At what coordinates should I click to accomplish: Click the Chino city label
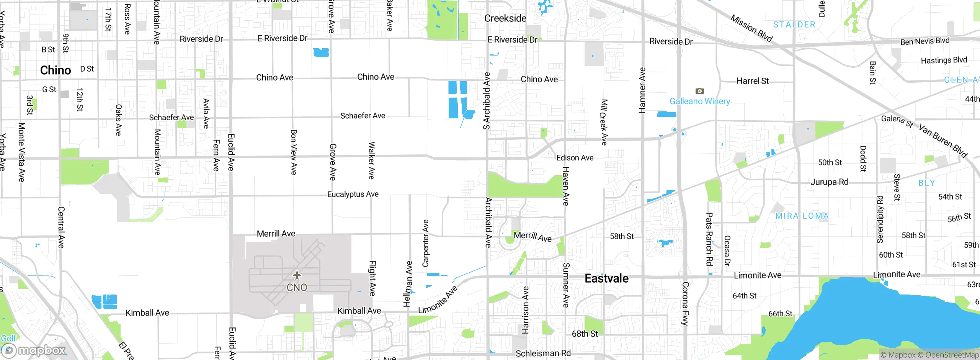(56, 70)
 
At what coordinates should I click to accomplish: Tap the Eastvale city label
(606, 278)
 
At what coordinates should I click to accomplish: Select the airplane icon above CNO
(297, 275)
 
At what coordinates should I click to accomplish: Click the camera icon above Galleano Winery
(699, 91)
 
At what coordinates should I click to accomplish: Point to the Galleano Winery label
(699, 101)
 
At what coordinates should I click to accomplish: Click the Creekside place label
(505, 18)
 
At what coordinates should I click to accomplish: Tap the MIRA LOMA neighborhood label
(802, 216)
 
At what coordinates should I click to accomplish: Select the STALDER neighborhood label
(794, 25)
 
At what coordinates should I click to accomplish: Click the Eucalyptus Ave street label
(353, 195)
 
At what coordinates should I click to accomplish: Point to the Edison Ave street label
(575, 158)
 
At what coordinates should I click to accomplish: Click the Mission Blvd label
(751, 28)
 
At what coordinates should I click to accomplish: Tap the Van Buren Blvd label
(943, 141)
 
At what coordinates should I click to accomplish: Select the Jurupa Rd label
(829, 182)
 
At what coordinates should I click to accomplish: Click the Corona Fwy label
(685, 303)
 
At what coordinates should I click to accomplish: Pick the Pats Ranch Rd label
(709, 239)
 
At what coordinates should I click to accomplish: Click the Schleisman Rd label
(543, 353)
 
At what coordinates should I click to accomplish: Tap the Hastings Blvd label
(944, 61)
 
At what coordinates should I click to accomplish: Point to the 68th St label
(585, 334)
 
